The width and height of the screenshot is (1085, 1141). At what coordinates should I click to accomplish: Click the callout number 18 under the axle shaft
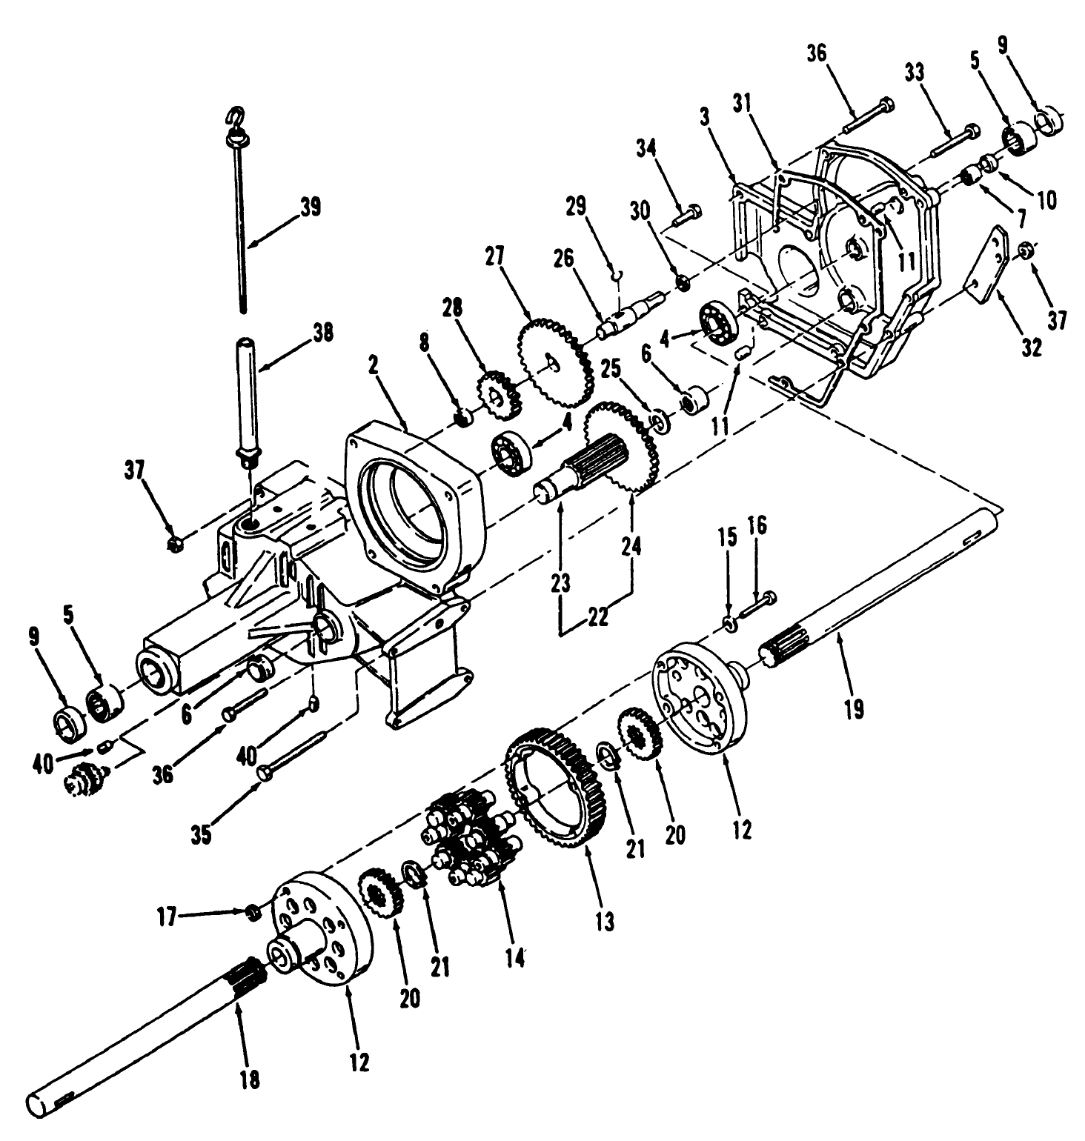250,1079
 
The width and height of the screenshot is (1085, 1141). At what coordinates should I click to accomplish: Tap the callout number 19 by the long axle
854,709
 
